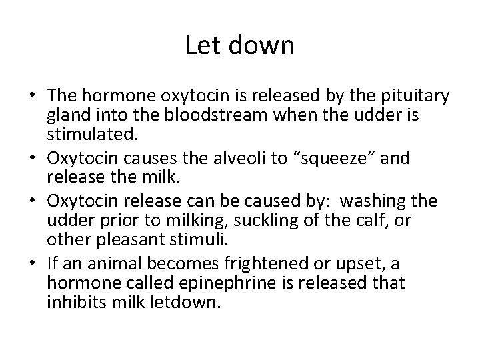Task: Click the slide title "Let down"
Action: click(240, 46)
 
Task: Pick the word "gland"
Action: click(65, 116)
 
